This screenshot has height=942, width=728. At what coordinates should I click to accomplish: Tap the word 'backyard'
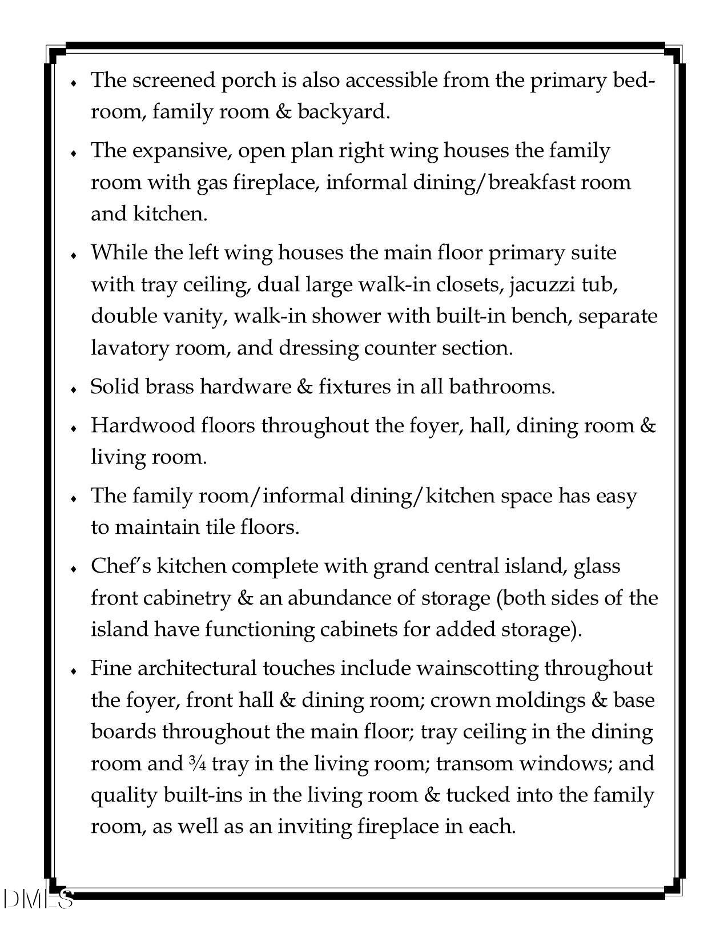point(341,112)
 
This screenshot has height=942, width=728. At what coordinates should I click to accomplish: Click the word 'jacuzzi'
point(541,284)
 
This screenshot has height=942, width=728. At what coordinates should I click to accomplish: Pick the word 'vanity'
point(187,316)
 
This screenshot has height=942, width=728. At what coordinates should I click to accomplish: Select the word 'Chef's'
point(120,566)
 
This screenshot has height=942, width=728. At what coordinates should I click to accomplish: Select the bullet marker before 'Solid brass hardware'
point(74,389)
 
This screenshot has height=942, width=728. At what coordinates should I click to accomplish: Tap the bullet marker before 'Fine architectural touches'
point(74,671)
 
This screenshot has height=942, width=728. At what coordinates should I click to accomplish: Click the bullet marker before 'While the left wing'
point(74,255)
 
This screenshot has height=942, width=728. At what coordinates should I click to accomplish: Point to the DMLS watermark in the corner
point(38,899)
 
